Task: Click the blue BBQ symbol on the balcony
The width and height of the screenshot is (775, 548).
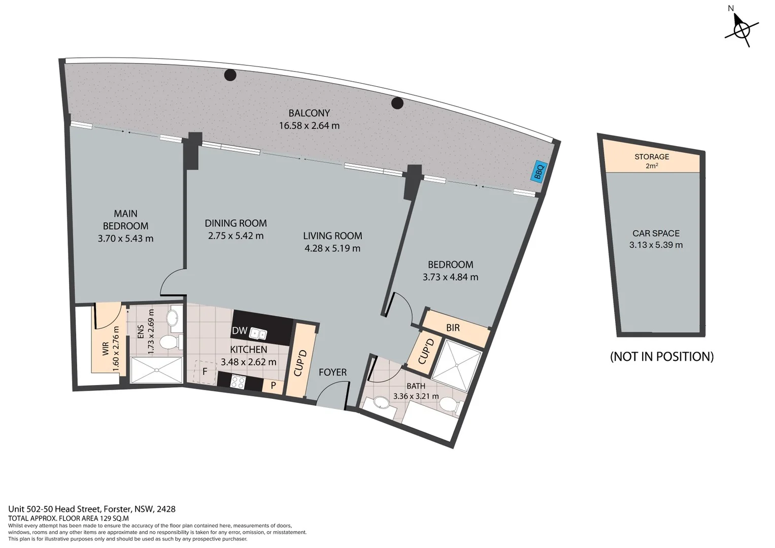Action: [538, 171]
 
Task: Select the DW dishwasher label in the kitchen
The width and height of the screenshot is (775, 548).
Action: [239, 331]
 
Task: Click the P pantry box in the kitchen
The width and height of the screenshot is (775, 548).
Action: [273, 385]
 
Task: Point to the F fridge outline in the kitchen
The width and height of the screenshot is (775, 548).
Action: [205, 372]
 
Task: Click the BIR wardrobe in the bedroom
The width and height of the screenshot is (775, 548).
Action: [453, 328]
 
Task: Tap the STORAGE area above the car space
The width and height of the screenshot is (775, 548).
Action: [652, 160]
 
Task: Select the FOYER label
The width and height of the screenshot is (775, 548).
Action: [332, 372]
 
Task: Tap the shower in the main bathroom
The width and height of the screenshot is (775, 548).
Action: [455, 364]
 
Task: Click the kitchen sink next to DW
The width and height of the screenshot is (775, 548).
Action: [259, 334]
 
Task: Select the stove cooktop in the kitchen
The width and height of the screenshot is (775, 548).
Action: [238, 382]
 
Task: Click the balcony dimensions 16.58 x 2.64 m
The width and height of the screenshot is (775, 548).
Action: [309, 126]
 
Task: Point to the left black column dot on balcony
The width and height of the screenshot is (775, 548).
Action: [230, 75]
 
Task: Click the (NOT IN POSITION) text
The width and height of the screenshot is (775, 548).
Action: [661, 357]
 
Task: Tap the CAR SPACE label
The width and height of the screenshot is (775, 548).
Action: [656, 233]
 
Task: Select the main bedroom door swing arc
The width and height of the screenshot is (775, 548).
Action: [171, 282]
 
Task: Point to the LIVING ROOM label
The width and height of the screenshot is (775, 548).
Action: [332, 236]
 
